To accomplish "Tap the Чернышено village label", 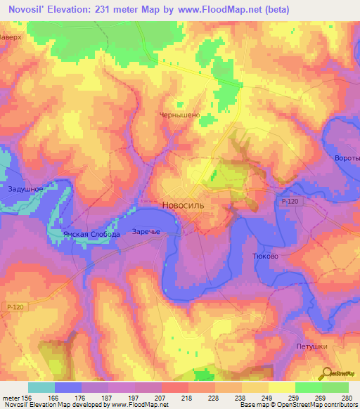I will point(181,116).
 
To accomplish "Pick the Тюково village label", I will point(264,257).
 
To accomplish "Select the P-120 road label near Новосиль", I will point(290,202).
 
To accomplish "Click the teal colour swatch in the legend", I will point(41,387).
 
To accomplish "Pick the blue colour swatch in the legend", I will point(68,387).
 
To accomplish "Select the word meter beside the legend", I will point(11,398).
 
